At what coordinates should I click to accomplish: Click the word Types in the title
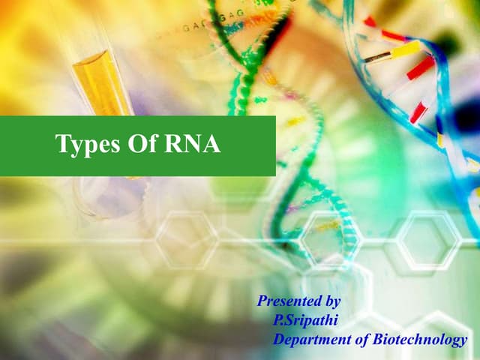click(x=84, y=145)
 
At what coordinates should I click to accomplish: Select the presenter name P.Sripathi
click(x=307, y=320)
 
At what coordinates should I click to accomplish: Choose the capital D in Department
click(x=279, y=340)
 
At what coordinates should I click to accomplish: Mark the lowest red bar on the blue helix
click(x=418, y=113)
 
